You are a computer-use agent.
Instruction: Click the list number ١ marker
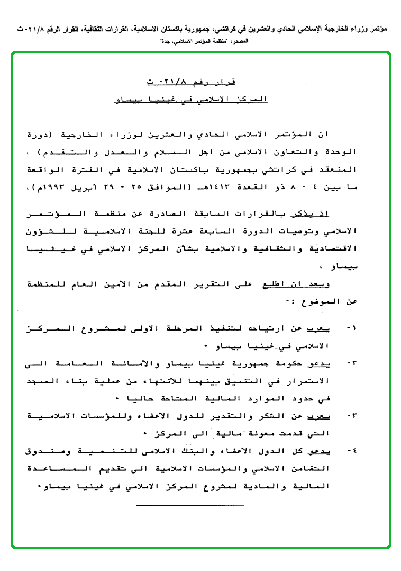[x=351, y=328]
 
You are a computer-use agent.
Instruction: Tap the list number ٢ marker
[x=351, y=363]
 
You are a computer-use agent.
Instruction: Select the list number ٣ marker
[x=351, y=416]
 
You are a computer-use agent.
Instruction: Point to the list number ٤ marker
[x=351, y=451]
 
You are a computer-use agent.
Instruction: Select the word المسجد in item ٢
[x=44, y=381]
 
